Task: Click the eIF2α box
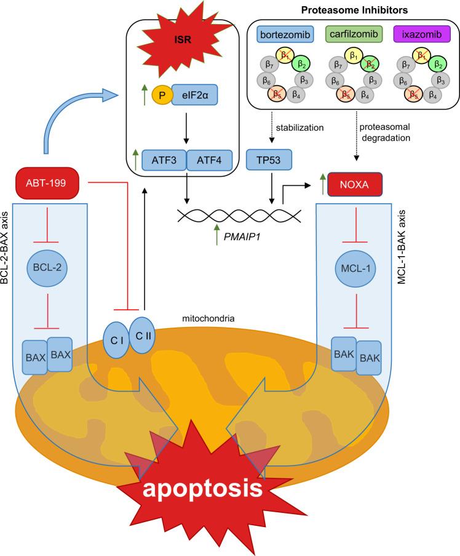tap(195, 97)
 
